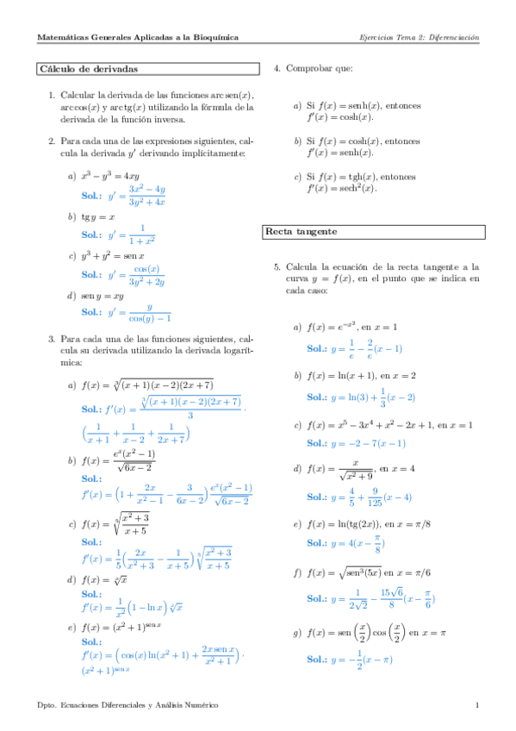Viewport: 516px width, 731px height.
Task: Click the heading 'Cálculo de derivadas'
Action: [x=90, y=69]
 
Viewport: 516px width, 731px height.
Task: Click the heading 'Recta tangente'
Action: [x=301, y=233]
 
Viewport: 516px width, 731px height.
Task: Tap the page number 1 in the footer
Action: [x=476, y=706]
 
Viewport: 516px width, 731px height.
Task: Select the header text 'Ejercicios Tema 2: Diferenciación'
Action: [x=419, y=38]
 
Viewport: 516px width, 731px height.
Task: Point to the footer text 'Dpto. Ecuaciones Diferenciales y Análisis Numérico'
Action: [x=128, y=706]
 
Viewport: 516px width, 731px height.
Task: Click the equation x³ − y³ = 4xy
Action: [x=115, y=176]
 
